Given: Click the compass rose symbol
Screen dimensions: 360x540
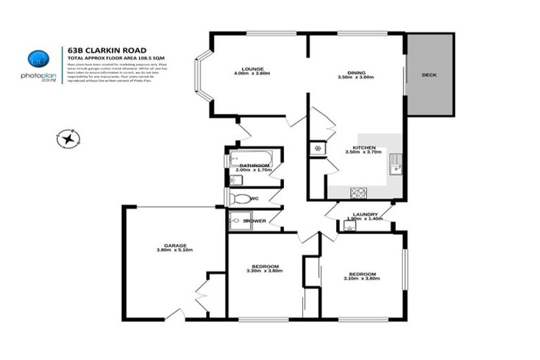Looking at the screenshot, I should [68, 139].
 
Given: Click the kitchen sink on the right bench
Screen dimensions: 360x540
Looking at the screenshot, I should [396, 164].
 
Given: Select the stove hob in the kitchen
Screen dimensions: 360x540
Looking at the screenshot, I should [358, 192].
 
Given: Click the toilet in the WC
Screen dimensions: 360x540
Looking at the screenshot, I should [241, 199].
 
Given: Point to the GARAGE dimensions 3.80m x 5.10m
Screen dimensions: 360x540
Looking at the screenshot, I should [174, 250].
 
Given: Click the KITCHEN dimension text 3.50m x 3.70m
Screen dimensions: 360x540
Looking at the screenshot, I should [364, 152].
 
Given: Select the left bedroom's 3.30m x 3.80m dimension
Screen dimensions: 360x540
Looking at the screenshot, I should [264, 271].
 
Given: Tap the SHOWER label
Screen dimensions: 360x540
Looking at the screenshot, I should [254, 221].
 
